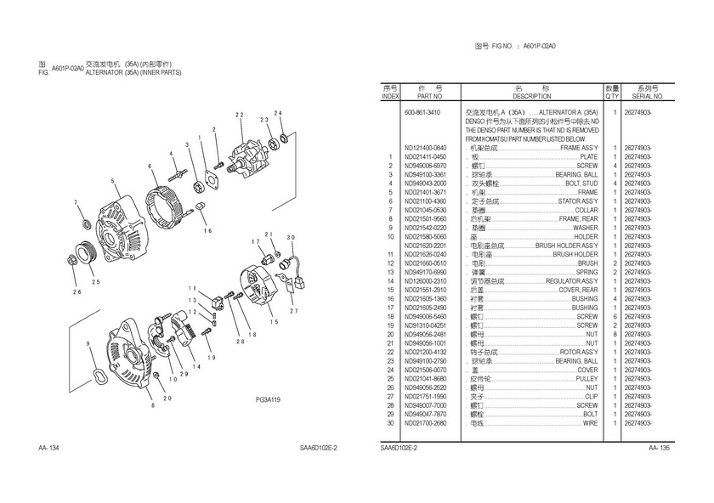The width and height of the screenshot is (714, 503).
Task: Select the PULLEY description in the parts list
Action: tap(587, 378)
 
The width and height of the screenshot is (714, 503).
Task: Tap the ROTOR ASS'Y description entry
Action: tap(579, 352)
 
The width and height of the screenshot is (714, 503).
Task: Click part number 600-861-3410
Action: tap(422, 112)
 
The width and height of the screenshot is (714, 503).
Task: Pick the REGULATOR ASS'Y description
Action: tap(573, 281)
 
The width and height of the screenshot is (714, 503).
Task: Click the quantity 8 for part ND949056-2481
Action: tap(614, 334)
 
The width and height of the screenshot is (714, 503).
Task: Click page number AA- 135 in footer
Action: tap(660, 448)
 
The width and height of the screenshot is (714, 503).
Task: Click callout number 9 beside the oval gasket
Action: tap(88, 342)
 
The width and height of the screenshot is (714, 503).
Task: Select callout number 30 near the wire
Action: tap(291, 238)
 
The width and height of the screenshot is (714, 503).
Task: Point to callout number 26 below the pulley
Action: tap(76, 292)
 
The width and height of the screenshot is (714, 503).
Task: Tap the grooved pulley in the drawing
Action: tap(84, 252)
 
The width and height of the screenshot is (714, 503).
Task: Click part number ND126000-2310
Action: tap(425, 281)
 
